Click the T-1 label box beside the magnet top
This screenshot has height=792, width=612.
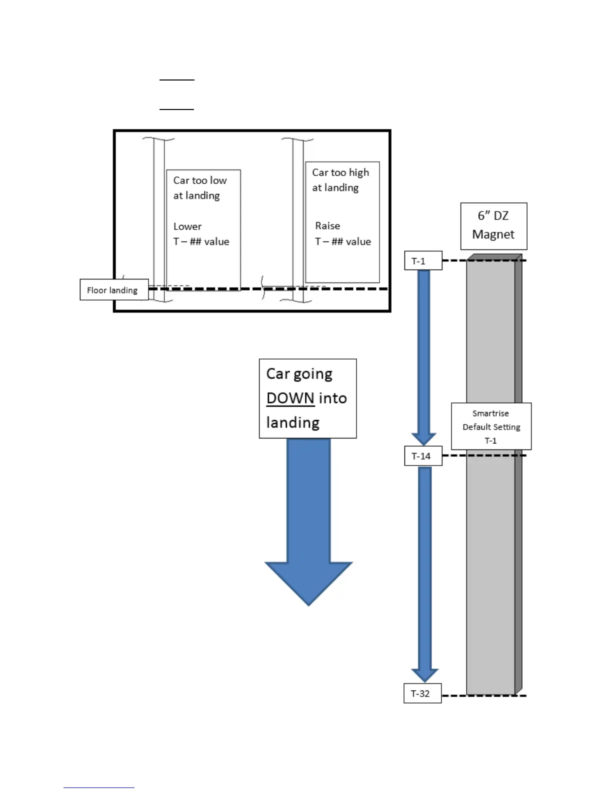coord(423,260)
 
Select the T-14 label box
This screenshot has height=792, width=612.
coord(423,455)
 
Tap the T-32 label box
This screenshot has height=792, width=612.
coord(422,693)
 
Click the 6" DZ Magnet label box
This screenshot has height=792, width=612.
coord(493,225)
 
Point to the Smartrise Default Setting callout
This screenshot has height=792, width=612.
coord(491,426)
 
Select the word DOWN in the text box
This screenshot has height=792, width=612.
coord(290,398)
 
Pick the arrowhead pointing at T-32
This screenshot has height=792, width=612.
coord(424,674)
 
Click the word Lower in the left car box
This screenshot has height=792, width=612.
coord(187,226)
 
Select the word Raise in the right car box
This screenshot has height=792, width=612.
coord(327,225)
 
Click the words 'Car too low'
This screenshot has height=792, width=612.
coord(200,180)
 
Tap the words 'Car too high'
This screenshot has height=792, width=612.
coord(340,172)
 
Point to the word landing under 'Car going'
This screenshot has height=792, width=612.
coord(293,422)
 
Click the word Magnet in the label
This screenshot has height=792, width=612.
coord(493,234)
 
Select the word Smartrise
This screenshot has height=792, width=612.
coord(490,413)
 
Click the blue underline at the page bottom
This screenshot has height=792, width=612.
coord(99,787)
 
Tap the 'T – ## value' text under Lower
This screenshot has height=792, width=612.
coord(201,241)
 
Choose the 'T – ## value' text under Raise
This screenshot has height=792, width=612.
coord(343,241)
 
